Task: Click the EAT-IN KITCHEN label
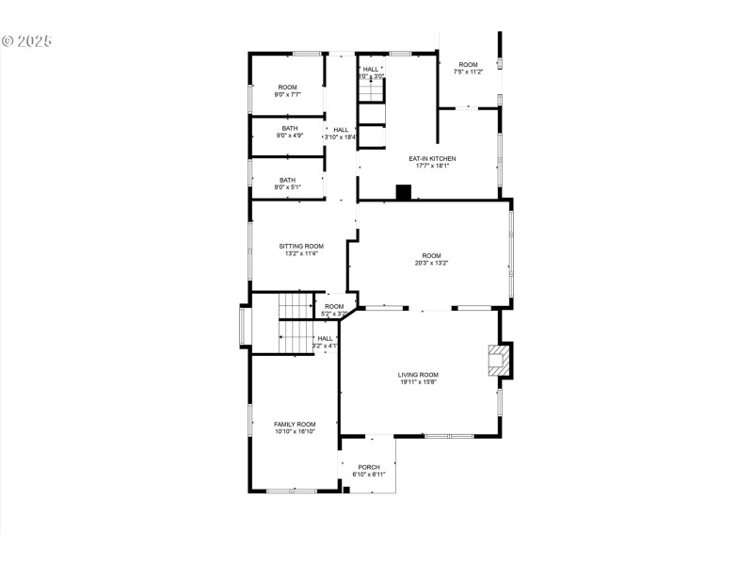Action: tap(432, 158)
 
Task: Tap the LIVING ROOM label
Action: tap(418, 374)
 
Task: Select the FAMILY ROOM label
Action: tap(295, 424)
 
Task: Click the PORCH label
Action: tap(369, 467)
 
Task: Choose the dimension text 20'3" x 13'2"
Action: tap(431, 263)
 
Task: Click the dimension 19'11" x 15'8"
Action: tap(418, 381)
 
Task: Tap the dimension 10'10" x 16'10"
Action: tap(295, 431)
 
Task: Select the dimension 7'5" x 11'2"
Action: tap(468, 72)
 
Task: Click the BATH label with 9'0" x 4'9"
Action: tap(289, 128)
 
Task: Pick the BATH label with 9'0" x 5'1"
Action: tap(287, 180)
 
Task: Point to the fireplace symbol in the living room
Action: tap(496, 361)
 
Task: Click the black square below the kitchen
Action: tap(404, 192)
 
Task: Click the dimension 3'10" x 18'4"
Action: tap(341, 137)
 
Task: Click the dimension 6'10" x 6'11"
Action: tap(369, 475)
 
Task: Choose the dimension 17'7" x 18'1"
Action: tap(432, 166)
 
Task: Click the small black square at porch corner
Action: tap(346, 489)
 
